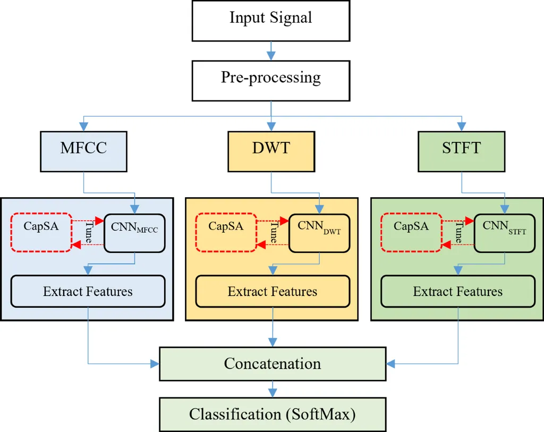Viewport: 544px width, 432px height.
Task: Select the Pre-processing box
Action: pyautogui.click(x=271, y=80)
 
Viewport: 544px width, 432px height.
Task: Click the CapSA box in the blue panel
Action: pyautogui.click(x=41, y=232)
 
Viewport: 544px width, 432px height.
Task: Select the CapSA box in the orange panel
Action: pyautogui.click(x=226, y=232)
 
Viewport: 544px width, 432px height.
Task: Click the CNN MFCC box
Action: pyautogui.click(x=135, y=233)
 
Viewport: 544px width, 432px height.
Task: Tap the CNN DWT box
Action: pyautogui.click(x=320, y=233)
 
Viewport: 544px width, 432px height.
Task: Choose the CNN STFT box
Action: pyautogui.click(x=505, y=233)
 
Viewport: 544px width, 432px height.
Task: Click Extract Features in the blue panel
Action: pyautogui.click(x=88, y=291)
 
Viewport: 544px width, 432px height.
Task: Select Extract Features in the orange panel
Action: pyautogui.click(x=273, y=291)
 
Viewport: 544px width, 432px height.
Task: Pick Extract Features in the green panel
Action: pyautogui.click(x=458, y=291)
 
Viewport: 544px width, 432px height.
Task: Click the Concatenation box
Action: pyautogui.click(x=273, y=364)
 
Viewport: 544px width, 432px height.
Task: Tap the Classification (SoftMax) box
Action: pyautogui.click(x=273, y=414)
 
